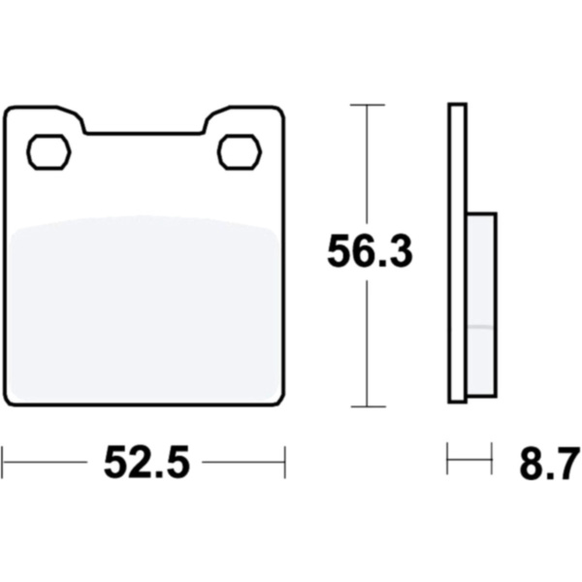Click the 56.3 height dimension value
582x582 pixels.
pos(370,251)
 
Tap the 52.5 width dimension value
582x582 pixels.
pos(147,463)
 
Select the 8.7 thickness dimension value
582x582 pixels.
pos(549,464)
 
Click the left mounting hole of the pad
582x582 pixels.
pos(48,152)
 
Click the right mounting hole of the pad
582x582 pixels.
pos(240,152)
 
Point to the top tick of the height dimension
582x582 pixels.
pos(367,105)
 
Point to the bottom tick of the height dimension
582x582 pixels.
pos(369,406)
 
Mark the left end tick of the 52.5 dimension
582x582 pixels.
pos(3,462)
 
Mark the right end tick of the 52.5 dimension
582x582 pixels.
pos(284,462)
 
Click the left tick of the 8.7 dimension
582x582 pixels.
pos(447,459)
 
